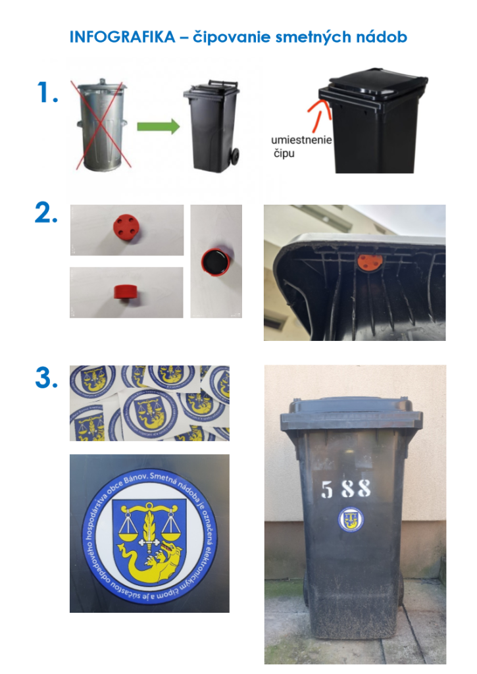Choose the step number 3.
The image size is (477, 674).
tap(46, 378)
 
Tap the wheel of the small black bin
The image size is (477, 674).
tap(234, 158)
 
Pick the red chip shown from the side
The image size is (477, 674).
tap(125, 291)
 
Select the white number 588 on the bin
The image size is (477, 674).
tap(345, 488)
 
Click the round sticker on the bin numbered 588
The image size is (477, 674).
tap(350, 520)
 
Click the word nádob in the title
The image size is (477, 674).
tap(384, 37)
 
